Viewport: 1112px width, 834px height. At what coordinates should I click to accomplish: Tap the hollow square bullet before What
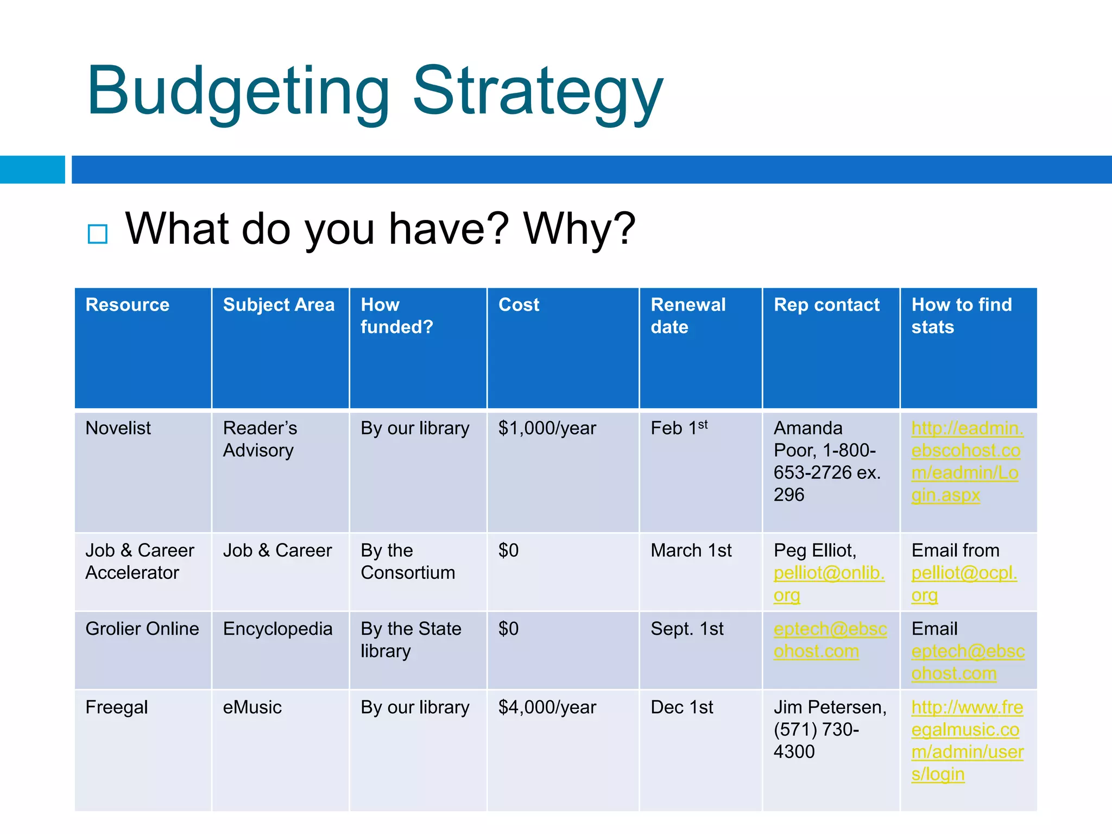point(98,234)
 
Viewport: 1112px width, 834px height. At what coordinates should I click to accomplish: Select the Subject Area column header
point(279,305)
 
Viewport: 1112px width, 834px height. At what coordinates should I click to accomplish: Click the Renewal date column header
point(687,315)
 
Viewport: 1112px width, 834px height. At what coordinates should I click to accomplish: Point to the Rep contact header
point(826,305)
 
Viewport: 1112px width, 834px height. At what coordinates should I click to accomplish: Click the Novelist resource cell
point(118,428)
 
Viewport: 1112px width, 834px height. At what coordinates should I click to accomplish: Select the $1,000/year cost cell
point(547,428)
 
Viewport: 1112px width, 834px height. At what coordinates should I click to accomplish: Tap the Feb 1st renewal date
point(679,428)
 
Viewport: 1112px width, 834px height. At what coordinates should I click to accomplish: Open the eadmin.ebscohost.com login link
point(966,462)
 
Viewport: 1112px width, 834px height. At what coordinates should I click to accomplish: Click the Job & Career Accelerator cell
point(140,561)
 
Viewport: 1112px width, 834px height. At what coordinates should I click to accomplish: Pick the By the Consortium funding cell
point(408,561)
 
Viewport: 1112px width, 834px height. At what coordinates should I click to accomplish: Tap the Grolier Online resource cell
point(142,629)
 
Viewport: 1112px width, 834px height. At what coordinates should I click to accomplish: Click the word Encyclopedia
point(277,629)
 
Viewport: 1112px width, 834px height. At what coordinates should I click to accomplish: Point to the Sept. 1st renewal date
point(687,629)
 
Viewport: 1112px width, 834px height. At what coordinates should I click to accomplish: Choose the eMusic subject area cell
point(252,707)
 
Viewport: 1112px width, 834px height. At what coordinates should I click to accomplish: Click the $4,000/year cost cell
point(547,707)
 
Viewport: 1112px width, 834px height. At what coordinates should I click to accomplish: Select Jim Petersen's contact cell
point(830,729)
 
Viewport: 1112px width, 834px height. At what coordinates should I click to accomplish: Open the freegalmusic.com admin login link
point(966,741)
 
